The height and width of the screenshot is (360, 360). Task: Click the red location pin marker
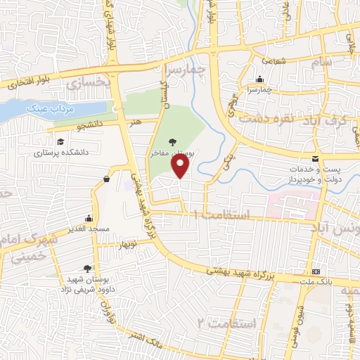click(181, 166)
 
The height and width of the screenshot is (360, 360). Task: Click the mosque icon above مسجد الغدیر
click(88, 218)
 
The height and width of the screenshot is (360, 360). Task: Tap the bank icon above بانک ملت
click(316, 271)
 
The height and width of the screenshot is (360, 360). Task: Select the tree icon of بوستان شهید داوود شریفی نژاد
click(87, 268)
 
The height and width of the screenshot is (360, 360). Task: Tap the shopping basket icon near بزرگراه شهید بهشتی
click(106, 179)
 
